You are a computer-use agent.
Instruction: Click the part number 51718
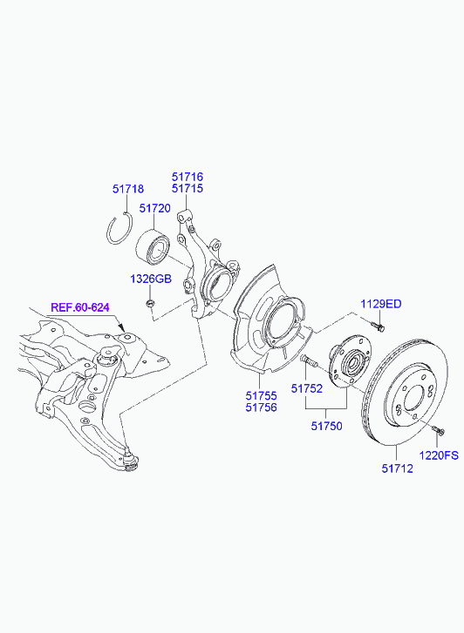point(128,189)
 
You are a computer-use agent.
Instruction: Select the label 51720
point(155,208)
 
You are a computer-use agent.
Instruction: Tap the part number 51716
point(188,177)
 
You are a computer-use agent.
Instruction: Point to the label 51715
point(188,189)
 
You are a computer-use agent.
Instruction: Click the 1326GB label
point(151,279)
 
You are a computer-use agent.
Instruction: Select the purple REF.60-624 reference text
point(80,307)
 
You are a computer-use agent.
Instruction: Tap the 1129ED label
point(381,304)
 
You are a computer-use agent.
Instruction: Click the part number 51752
point(307,388)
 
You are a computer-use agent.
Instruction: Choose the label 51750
point(326,426)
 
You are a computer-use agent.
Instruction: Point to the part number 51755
point(262,396)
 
